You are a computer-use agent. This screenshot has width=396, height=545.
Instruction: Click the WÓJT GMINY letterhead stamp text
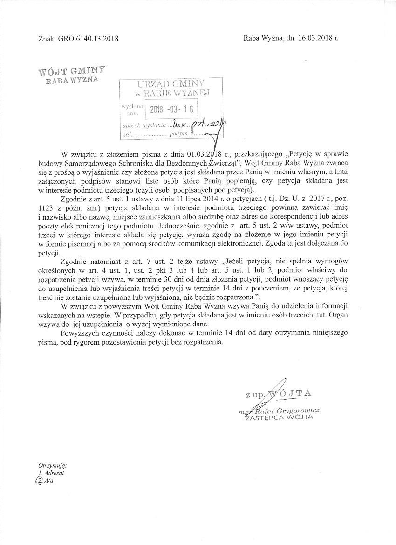pyautogui.click(x=72, y=71)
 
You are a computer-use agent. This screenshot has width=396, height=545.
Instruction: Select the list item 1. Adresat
pyautogui.click(x=51, y=473)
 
